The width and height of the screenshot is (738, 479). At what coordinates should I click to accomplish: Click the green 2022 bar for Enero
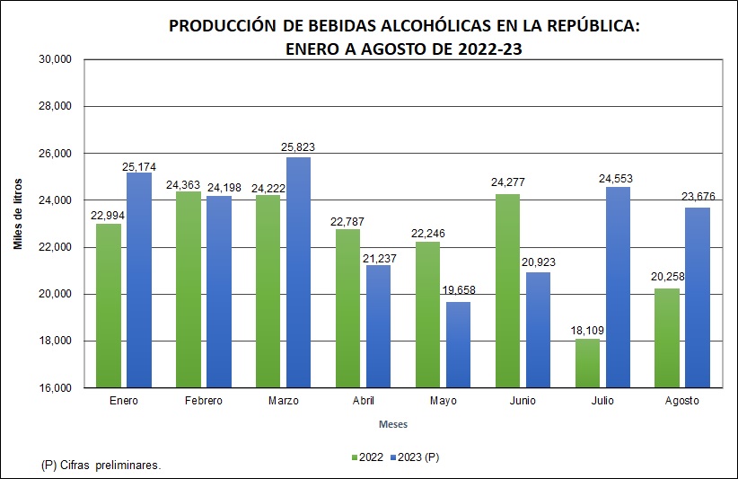108,306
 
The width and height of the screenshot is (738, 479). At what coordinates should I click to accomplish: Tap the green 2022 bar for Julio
586,363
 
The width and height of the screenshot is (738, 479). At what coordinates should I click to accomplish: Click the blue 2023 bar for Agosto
698,297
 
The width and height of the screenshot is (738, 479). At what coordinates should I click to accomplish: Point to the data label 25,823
298,147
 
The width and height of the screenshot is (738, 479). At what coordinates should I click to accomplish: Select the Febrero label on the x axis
203,401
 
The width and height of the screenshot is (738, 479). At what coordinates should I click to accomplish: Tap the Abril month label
363,401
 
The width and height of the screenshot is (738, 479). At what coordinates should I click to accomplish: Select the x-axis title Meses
392,423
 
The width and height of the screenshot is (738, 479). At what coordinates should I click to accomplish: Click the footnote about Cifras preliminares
101,466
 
